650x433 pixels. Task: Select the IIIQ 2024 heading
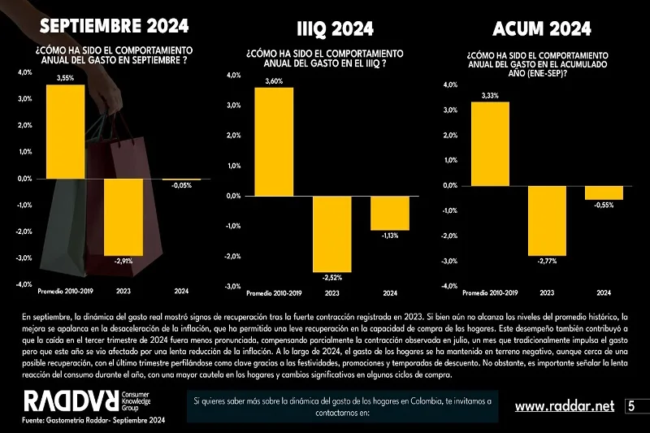(x=330, y=30)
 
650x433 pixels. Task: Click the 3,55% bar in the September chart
(x=66, y=131)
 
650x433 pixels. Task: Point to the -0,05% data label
(x=182, y=186)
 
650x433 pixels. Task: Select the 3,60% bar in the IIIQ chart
(x=274, y=141)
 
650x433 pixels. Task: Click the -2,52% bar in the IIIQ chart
(x=332, y=234)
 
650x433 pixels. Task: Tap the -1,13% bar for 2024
(x=390, y=213)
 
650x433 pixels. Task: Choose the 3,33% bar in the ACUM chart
(x=491, y=144)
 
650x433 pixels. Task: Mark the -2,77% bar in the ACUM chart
(x=547, y=221)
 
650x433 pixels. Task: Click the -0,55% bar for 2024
(x=604, y=193)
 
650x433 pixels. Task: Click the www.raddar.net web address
(x=565, y=405)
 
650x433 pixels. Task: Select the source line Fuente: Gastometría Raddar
(x=93, y=421)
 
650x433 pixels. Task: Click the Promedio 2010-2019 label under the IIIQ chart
(x=274, y=292)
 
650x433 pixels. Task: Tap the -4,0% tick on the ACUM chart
(x=448, y=286)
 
